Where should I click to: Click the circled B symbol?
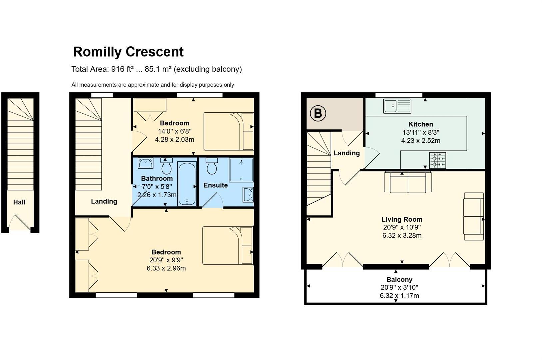[x=318, y=113]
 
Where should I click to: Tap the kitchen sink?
[x=397, y=106]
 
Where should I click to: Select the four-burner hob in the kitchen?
[x=437, y=160]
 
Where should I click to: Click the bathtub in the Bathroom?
[x=187, y=184]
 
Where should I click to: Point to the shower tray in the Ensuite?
[x=241, y=170]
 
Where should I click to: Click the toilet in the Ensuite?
[x=212, y=166]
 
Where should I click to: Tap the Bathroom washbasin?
[x=146, y=163]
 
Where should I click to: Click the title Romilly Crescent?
[x=128, y=52]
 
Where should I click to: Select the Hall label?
[x=19, y=202]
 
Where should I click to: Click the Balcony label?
[x=399, y=279]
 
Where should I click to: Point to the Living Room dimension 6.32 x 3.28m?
[x=402, y=235]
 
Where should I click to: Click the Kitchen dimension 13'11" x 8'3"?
[x=421, y=132]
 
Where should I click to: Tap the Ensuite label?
[x=215, y=185]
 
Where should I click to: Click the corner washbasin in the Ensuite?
[x=248, y=194]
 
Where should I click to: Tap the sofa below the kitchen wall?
[x=408, y=182]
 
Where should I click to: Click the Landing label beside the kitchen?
[x=347, y=153]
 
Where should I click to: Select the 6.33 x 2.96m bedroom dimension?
[x=166, y=268]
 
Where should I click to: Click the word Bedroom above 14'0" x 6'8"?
[x=175, y=123]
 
